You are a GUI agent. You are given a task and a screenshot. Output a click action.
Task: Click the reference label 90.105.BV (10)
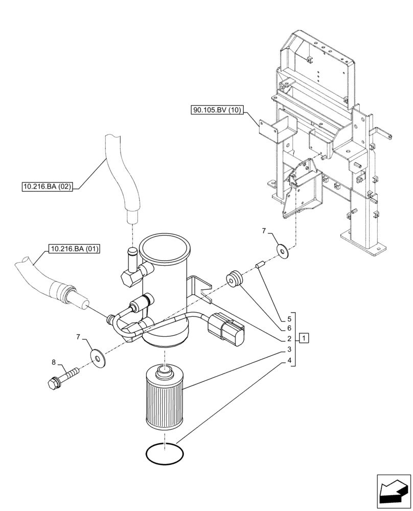pos(218,110)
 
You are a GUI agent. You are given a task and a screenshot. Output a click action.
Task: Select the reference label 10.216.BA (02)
pos(47,188)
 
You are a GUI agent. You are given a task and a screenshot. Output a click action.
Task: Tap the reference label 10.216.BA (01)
pos(75,249)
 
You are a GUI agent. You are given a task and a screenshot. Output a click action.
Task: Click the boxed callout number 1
pos(304,338)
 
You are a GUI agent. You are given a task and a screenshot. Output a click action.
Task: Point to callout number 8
pos(54,363)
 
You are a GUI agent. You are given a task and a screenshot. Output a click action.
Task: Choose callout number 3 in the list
pos(289,350)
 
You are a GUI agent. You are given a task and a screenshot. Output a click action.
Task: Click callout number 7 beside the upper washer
pos(264,231)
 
